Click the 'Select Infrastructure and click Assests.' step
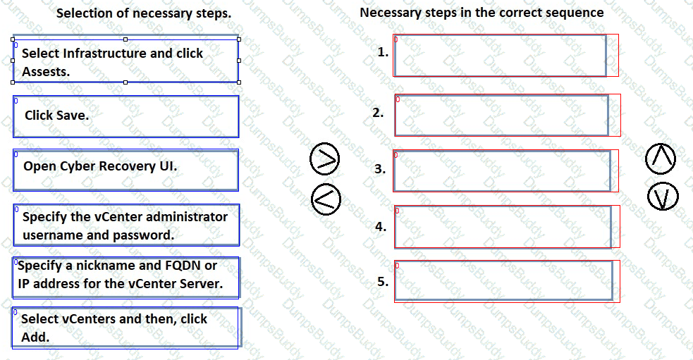pyautogui.click(x=125, y=61)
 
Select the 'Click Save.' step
pyautogui.click(x=125, y=116)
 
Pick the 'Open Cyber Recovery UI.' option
pyautogui.click(x=125, y=169)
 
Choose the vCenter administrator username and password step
pyautogui.click(x=125, y=225)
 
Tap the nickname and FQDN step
pyautogui.click(x=125, y=275)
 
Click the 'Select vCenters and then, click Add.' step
pyautogui.click(x=125, y=328)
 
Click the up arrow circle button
pyautogui.click(x=661, y=160)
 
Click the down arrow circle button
pyautogui.click(x=661, y=197)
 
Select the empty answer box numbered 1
pyautogui.click(x=500, y=55)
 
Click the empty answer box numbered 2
pyautogui.click(x=501, y=115)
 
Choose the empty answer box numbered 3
pyautogui.click(x=502, y=170)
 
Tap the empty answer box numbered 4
pyautogui.click(x=503, y=227)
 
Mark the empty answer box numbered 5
pyautogui.click(x=503, y=281)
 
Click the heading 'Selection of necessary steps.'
pyautogui.click(x=143, y=13)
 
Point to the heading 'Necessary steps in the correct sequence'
pyautogui.click(x=482, y=13)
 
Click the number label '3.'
pyautogui.click(x=380, y=169)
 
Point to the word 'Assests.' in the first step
pyautogui.click(x=46, y=71)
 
